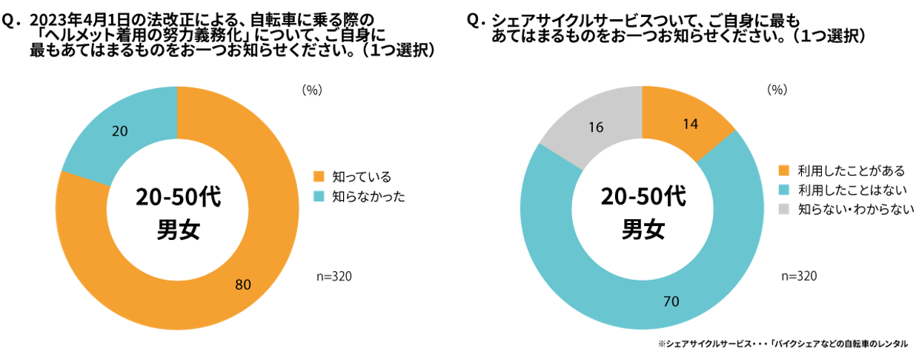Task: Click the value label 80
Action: point(243,284)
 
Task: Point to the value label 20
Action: point(119,131)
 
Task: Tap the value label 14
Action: point(689,124)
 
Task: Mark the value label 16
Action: point(595,127)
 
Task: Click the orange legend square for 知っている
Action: point(319,176)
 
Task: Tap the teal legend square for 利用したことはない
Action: point(784,190)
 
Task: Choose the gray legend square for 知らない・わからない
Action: point(784,210)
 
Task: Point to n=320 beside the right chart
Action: point(799,276)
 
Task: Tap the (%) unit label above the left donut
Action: point(311,90)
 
